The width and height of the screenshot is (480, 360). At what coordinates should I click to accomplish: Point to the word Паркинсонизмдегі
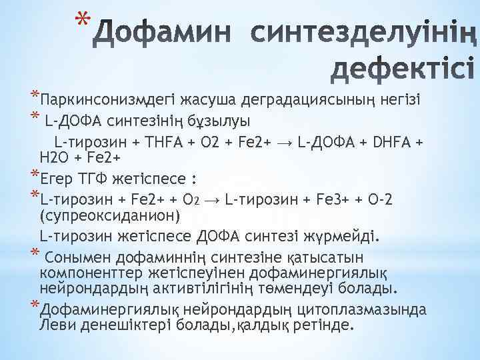(x=97, y=101)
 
